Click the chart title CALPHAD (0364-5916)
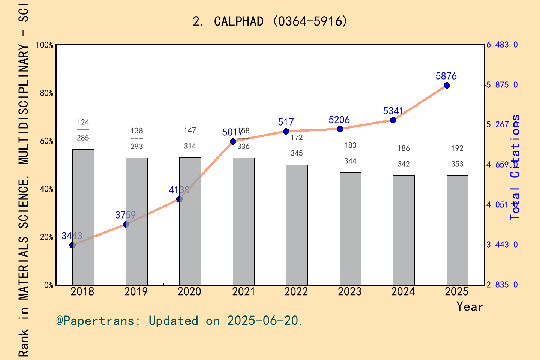(270, 21)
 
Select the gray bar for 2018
(83, 217)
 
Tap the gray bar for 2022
(297, 225)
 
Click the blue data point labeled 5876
(447, 85)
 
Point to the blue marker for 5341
(393, 120)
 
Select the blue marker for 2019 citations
(126, 225)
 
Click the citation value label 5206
(339, 120)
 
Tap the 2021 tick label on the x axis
(243, 292)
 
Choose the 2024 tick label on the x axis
(403, 292)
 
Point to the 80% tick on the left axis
(46, 93)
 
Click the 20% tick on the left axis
(46, 237)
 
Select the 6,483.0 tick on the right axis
(502, 45)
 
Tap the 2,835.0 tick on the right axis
(502, 285)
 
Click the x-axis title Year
(469, 306)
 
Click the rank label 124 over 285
(83, 130)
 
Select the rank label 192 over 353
(457, 156)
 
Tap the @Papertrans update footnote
(179, 321)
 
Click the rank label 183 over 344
(350, 153)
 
